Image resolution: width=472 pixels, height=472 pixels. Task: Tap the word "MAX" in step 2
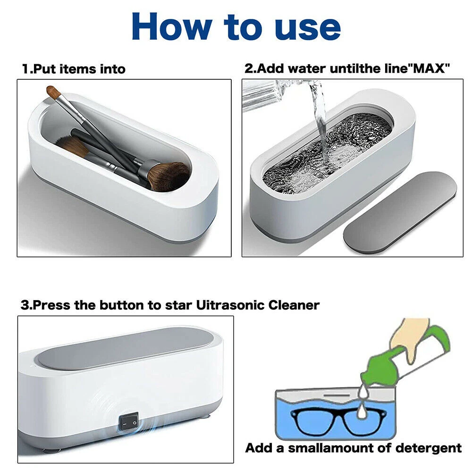click(x=430, y=68)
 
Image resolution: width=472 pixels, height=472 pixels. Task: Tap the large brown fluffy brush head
click(x=169, y=176)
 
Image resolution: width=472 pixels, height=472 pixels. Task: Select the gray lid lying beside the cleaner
click(x=400, y=212)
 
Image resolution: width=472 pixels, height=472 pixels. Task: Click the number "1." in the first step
click(x=27, y=69)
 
